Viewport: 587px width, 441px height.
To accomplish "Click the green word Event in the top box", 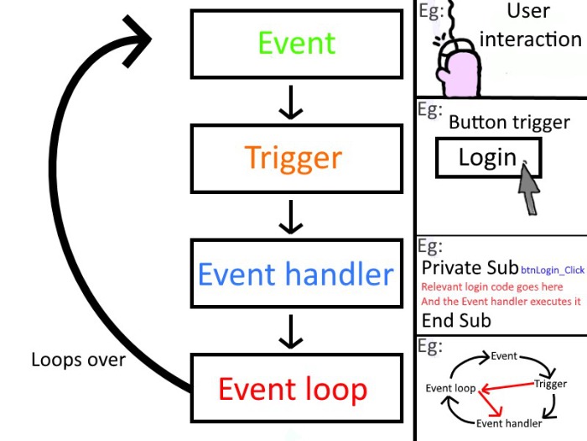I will pos(296,43).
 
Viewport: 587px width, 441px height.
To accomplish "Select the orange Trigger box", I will pos(293,158).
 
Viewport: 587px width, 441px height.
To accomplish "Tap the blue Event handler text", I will pos(295,274).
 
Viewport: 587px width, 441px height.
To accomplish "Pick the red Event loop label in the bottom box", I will pos(293,389).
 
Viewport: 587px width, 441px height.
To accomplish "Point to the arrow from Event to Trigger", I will pos(290,101).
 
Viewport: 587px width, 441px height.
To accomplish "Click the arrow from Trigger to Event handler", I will pos(290,216).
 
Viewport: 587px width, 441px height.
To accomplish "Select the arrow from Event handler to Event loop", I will pos(290,331).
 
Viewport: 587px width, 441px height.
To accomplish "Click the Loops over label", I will pos(78,360).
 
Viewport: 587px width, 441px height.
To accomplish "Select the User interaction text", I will pos(530,25).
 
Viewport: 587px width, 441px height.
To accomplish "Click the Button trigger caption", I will pos(509,123).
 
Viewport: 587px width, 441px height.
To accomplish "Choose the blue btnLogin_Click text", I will pos(552,270).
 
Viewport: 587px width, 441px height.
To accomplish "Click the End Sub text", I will pos(456,320).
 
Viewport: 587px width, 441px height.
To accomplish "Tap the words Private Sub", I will pos(470,268).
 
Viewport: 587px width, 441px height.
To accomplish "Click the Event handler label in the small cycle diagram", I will pos(509,423).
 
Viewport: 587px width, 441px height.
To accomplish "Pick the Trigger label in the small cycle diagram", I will pos(550,384).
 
